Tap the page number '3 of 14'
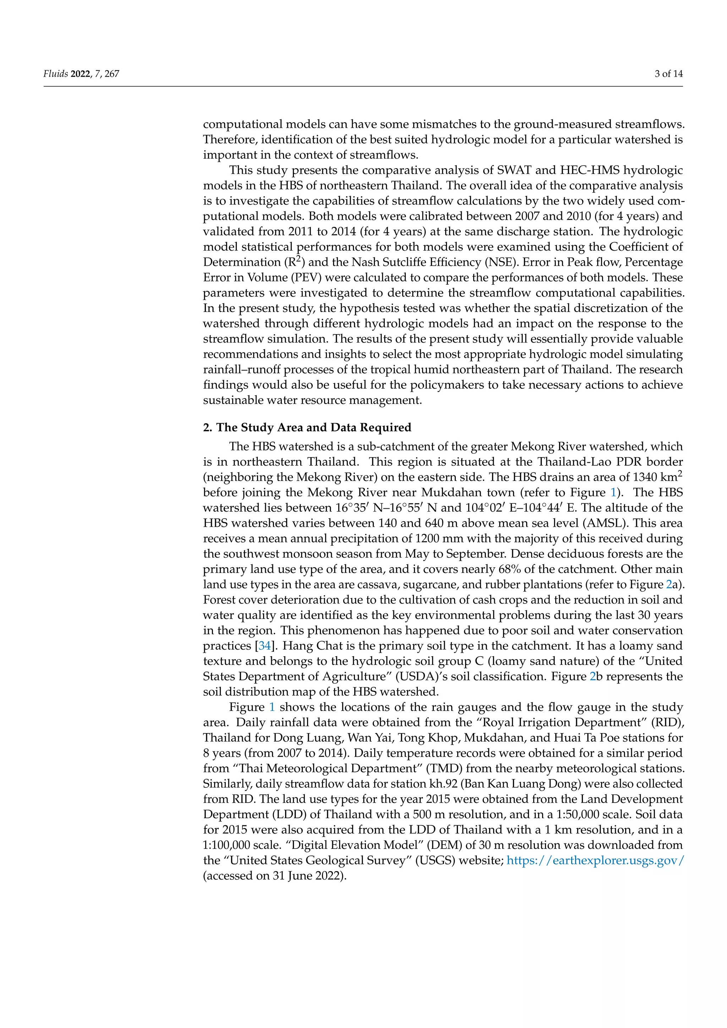668,74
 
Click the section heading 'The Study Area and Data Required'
313,428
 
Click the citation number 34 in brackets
264,646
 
